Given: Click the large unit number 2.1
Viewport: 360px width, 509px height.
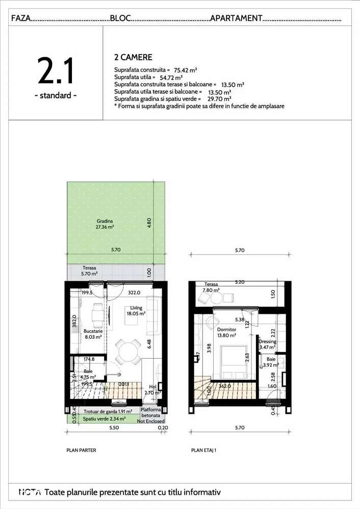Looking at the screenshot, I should [x=55, y=71].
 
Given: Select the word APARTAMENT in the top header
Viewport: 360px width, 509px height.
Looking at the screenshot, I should [x=236, y=18].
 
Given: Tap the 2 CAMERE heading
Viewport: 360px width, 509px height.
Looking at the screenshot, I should [x=134, y=58].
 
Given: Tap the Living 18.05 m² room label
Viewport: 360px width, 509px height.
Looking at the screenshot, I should [x=137, y=311].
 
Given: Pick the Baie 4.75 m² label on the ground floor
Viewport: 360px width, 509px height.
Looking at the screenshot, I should [x=89, y=374].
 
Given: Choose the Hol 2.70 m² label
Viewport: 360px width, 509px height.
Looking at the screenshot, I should [x=153, y=390].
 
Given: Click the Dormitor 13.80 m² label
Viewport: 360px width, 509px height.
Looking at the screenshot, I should [x=226, y=333].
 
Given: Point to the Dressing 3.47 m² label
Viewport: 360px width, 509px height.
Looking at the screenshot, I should [x=267, y=344].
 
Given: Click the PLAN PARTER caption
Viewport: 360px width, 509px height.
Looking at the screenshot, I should [x=81, y=450].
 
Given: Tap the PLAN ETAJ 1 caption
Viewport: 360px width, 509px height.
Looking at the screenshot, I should [x=204, y=450].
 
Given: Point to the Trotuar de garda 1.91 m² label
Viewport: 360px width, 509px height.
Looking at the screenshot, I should [x=109, y=411].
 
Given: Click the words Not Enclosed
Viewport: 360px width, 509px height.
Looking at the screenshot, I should [x=151, y=421].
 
